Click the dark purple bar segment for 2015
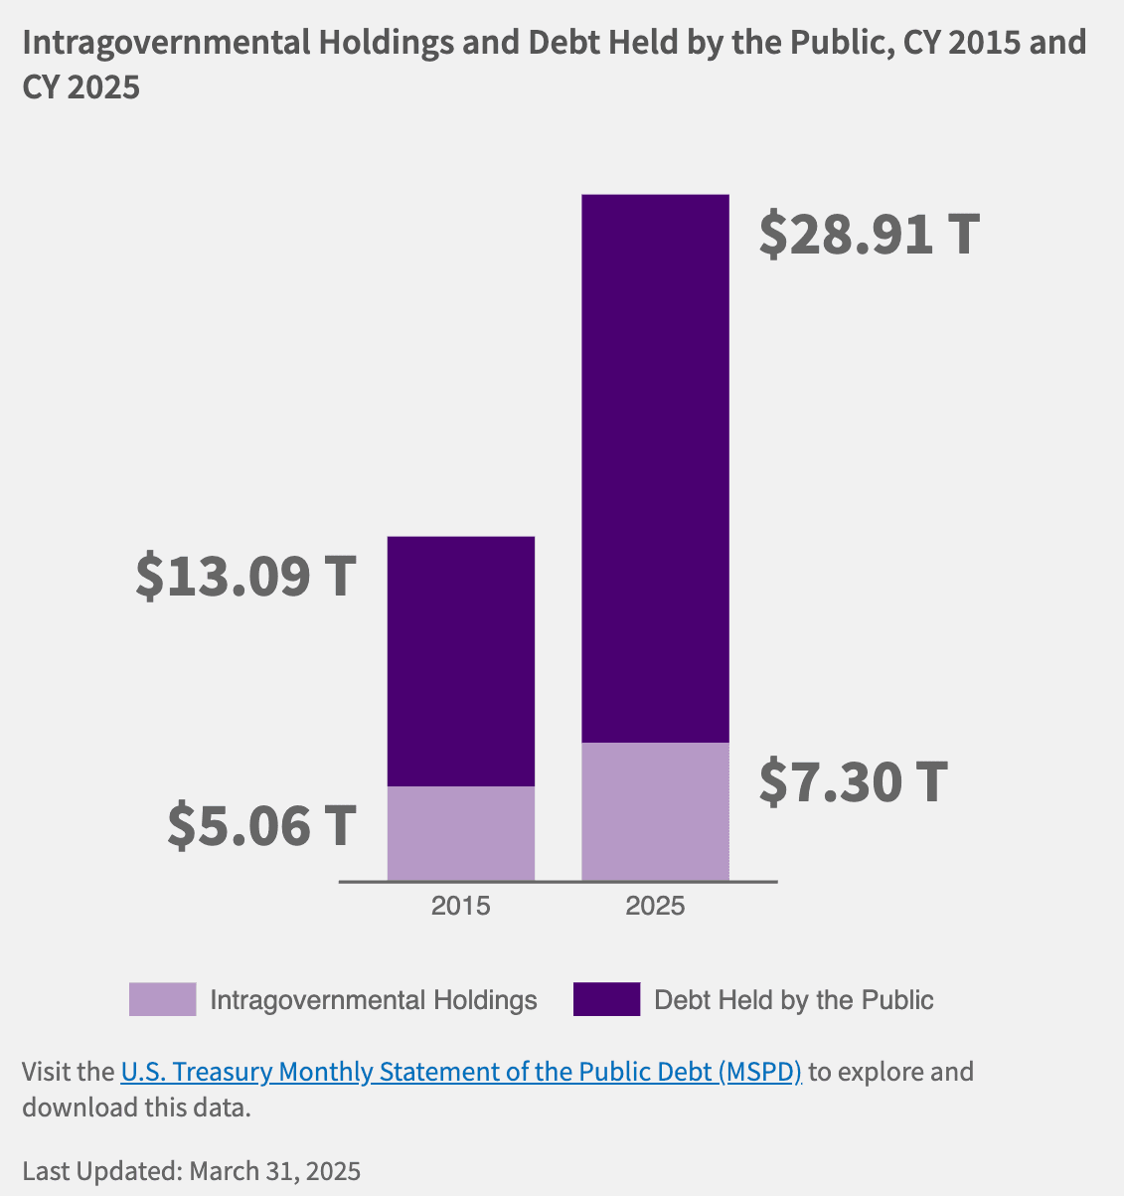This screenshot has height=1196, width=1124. pyautogui.click(x=461, y=661)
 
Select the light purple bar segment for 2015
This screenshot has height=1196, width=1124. pyautogui.click(x=461, y=833)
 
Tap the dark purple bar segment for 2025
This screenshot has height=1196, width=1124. pyautogui.click(x=655, y=467)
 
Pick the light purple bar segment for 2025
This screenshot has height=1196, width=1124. pyautogui.click(x=655, y=811)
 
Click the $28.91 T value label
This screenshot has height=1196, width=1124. pyautogui.click(x=870, y=234)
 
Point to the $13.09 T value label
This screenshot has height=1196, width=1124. pyautogui.click(x=245, y=576)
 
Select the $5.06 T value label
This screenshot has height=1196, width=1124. pyautogui.click(x=261, y=825)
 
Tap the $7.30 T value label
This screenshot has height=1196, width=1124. pyautogui.click(x=854, y=781)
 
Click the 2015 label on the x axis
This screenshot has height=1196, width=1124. pyautogui.click(x=460, y=906)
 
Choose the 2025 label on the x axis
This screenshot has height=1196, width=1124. pyautogui.click(x=655, y=906)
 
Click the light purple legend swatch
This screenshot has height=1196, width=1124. pyautogui.click(x=162, y=999)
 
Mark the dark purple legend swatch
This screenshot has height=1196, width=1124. pyautogui.click(x=606, y=999)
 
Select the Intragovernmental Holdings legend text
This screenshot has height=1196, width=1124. pyautogui.click(x=374, y=1000)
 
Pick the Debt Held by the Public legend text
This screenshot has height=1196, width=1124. pyautogui.click(x=794, y=1000)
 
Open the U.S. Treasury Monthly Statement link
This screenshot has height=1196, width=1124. pyautogui.click(x=461, y=1072)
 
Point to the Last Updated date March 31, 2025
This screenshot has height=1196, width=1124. pyautogui.click(x=274, y=1171)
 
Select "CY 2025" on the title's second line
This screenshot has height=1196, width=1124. pyautogui.click(x=81, y=87)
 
